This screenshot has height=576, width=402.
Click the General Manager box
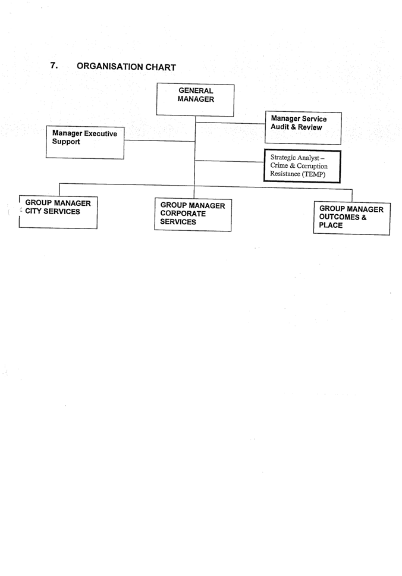(x=195, y=100)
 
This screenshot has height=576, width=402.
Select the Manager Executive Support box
(x=85, y=143)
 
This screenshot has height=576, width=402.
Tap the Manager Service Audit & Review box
(x=303, y=128)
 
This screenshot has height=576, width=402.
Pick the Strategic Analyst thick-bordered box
(x=302, y=166)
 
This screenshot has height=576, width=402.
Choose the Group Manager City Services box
(x=58, y=212)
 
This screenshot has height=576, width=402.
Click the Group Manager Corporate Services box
(x=193, y=215)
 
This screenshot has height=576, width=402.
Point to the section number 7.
(x=54, y=65)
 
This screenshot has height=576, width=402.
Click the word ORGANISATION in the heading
(x=110, y=67)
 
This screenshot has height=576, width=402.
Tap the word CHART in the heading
(x=161, y=67)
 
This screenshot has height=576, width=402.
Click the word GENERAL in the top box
(x=196, y=90)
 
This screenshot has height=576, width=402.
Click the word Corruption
(x=312, y=166)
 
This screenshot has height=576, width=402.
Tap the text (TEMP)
(x=313, y=174)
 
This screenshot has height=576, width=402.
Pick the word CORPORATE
(x=183, y=214)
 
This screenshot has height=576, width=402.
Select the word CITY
(x=33, y=211)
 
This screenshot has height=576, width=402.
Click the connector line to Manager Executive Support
(x=159, y=140)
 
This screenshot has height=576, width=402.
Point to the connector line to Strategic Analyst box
(x=230, y=161)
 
